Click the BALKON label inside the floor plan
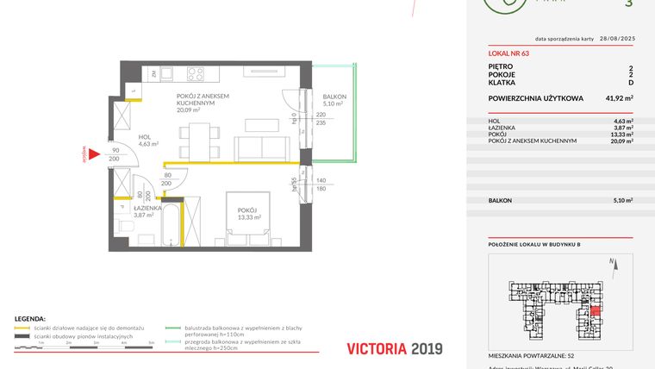(334, 97)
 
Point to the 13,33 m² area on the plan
(249, 218)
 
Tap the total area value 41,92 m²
(619, 98)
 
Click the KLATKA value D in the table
(631, 83)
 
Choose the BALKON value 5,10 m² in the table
(620, 200)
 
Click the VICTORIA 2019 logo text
(394, 348)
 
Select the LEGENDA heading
(31, 319)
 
